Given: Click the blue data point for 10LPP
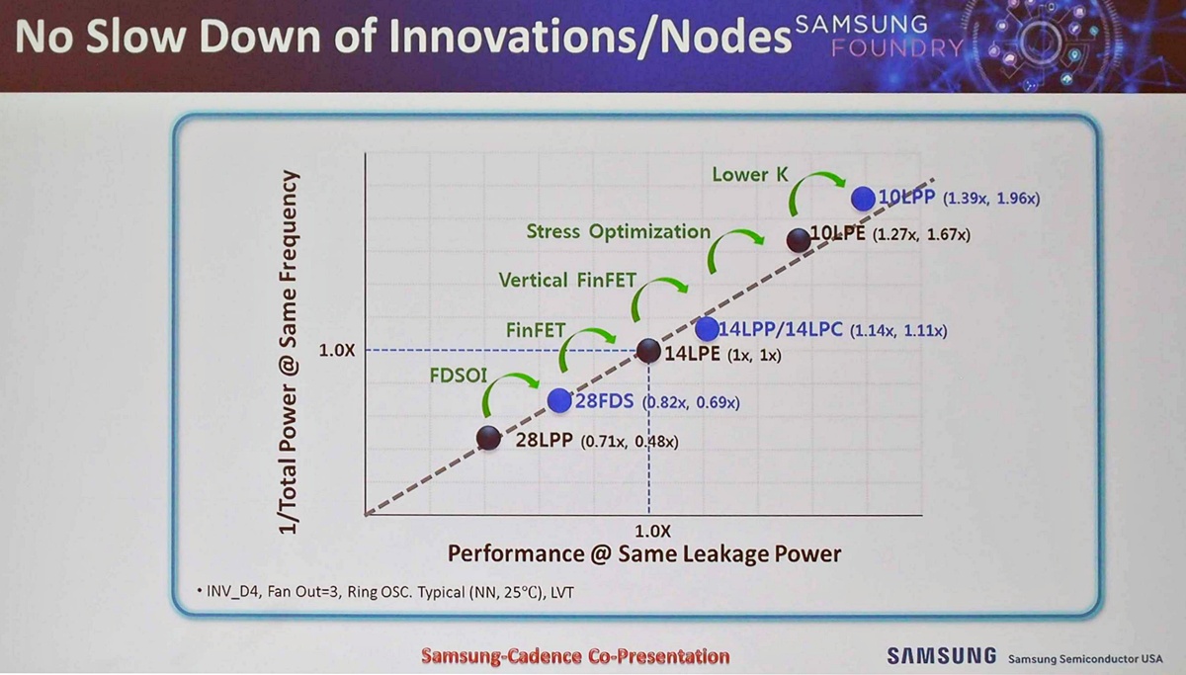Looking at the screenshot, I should pos(865,198).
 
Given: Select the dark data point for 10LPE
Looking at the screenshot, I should pos(799,240).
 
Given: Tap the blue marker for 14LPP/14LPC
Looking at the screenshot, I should pos(707,329).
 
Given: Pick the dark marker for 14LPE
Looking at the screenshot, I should pos(648,351).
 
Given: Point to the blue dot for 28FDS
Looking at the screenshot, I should pos(559,400).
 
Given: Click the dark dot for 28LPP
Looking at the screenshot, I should pos(488,438).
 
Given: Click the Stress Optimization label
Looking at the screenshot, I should pos(618,231).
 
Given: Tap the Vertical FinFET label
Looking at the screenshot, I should pos(567,280).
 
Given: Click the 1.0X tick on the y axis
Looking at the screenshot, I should pos(336,351).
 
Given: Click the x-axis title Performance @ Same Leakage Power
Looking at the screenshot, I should pos(644,553).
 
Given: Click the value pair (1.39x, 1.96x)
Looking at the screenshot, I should pos(991,199).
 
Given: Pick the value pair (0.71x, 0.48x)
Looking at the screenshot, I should pos(630,442).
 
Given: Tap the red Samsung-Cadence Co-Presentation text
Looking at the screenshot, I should pos(575,656).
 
